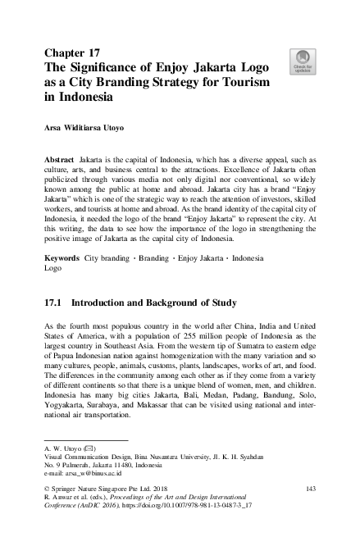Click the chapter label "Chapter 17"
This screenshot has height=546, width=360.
point(75,46)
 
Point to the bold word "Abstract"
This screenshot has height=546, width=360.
point(61,156)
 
